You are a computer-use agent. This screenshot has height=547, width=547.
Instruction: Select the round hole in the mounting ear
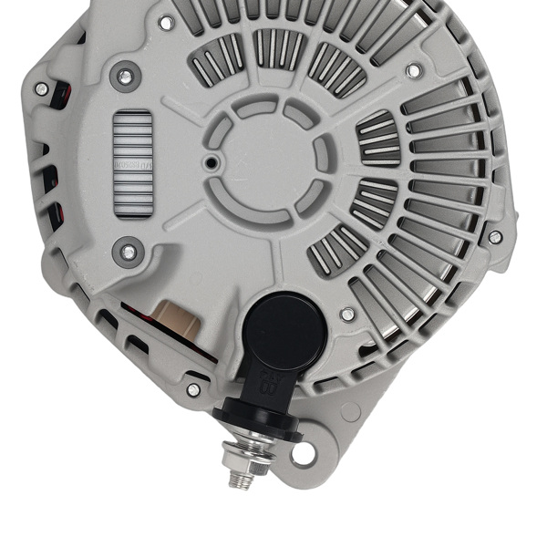(303, 452)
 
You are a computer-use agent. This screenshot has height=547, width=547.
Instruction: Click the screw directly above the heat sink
(126, 77)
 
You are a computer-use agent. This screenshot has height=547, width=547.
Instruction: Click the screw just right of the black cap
(347, 315)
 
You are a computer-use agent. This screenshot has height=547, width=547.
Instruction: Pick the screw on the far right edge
(495, 237)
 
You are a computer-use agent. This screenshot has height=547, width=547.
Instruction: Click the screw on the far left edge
(42, 88)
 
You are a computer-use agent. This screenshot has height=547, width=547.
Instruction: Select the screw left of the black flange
(193, 389)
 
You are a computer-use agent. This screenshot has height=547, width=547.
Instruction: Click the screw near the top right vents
(414, 70)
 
